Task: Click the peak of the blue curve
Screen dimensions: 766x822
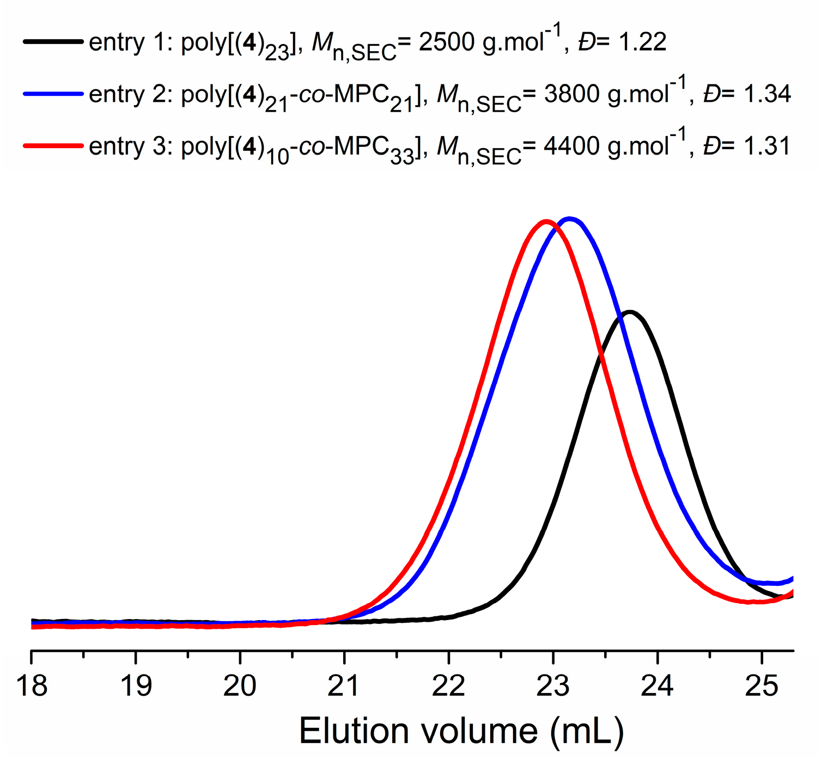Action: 570,219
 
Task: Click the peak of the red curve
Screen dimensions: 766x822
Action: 546,221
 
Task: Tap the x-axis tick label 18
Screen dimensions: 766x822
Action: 32,685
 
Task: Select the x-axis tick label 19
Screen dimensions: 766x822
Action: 136,685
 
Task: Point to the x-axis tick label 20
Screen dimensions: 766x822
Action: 240,685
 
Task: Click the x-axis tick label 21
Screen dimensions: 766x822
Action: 344,685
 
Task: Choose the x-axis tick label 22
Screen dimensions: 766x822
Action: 449,685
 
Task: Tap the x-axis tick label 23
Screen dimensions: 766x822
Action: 553,685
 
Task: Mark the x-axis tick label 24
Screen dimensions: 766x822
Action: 657,685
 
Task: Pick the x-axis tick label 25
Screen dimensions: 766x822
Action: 762,685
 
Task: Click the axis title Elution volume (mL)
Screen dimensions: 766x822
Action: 461,731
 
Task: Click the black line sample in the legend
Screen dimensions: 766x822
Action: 53,42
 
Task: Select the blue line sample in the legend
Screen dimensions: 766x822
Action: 53,94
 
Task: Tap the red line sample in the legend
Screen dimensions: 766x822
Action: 53,145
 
